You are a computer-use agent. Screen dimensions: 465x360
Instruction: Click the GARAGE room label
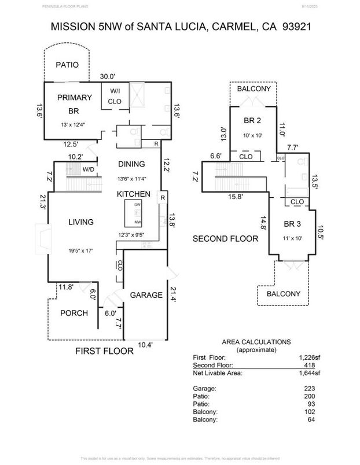pos(146,295)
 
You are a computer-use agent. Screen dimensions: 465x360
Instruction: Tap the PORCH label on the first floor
pos(74,313)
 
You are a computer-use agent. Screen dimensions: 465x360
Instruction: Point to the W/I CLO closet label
pos(114,96)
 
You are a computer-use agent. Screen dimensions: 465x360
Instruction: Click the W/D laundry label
pos(89,169)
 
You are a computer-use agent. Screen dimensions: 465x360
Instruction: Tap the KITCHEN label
pos(134,194)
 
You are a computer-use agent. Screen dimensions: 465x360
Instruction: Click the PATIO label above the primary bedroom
pos(67,65)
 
